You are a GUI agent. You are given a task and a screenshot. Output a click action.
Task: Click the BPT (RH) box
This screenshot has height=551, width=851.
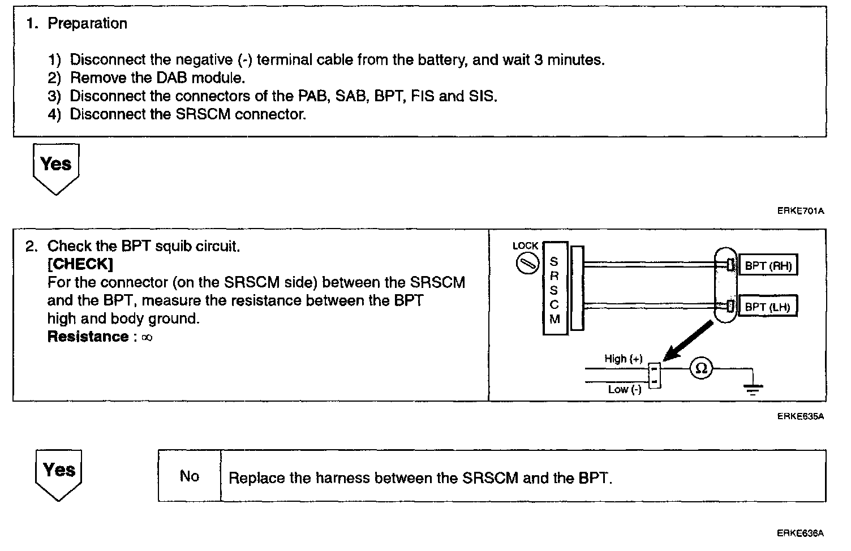pyautogui.click(x=768, y=265)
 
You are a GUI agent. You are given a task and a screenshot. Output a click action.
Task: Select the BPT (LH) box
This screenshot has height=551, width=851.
pyautogui.click(x=767, y=307)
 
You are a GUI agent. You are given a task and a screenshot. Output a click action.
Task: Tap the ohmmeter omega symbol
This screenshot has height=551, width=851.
pyautogui.click(x=701, y=369)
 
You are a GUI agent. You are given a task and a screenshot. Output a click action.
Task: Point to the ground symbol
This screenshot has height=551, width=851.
pyautogui.click(x=753, y=389)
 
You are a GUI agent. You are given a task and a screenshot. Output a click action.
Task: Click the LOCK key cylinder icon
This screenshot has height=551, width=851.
pyautogui.click(x=525, y=264)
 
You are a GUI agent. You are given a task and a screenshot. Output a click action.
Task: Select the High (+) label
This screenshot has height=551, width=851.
pyautogui.click(x=623, y=359)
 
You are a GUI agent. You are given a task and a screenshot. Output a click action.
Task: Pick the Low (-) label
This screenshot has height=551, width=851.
pyautogui.click(x=624, y=389)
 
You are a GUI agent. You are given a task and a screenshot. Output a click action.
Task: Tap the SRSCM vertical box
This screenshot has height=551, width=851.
pyautogui.click(x=555, y=289)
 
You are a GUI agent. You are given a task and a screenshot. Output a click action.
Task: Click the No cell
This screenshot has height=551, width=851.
pyautogui.click(x=190, y=476)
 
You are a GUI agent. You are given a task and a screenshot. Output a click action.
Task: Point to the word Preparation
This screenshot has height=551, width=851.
pyautogui.click(x=87, y=24)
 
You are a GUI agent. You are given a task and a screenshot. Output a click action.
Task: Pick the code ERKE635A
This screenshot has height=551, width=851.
pyautogui.click(x=800, y=416)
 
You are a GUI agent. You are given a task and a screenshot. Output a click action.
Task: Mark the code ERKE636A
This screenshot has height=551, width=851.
pyautogui.click(x=800, y=533)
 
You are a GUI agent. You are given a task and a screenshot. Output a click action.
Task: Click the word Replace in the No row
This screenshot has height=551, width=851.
pyautogui.click(x=256, y=478)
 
